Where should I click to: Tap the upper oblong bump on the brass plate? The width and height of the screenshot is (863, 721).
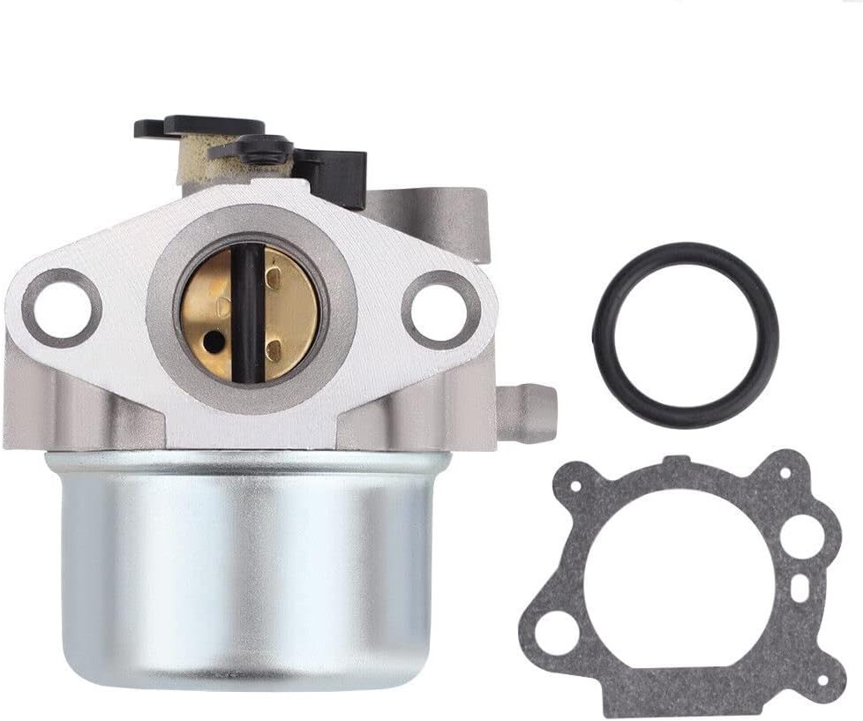274,282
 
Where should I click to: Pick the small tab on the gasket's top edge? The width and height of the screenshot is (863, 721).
674,460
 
